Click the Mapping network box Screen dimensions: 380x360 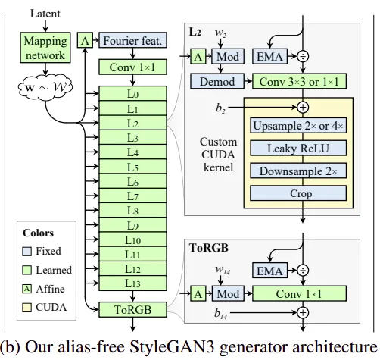click(x=45, y=48)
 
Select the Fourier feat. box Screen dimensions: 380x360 click(x=132, y=40)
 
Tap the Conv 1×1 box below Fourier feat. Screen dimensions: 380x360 click(x=132, y=67)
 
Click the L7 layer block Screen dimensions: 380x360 click(x=132, y=196)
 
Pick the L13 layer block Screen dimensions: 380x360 click(x=132, y=283)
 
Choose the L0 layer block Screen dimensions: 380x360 click(x=132, y=93)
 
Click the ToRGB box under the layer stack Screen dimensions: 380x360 click(x=132, y=309)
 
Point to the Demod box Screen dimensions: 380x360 click(x=217, y=81)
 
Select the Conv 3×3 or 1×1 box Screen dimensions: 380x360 click(x=299, y=81)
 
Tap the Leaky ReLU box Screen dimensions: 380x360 click(x=298, y=148)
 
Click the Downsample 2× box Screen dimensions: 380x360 click(x=298, y=171)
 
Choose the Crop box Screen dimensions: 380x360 click(x=298, y=193)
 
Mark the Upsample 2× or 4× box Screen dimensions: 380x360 click(x=298, y=125)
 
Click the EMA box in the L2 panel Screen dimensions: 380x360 click(x=269, y=56)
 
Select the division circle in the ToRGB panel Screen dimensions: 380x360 click(x=303, y=271)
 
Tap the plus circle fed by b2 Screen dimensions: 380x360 click(x=303, y=107)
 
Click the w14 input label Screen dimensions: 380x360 click(x=223, y=270)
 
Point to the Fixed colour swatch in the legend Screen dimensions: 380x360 click(x=26, y=252)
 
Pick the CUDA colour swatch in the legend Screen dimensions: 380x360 click(x=26, y=308)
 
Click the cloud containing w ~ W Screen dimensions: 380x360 click(x=45, y=87)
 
